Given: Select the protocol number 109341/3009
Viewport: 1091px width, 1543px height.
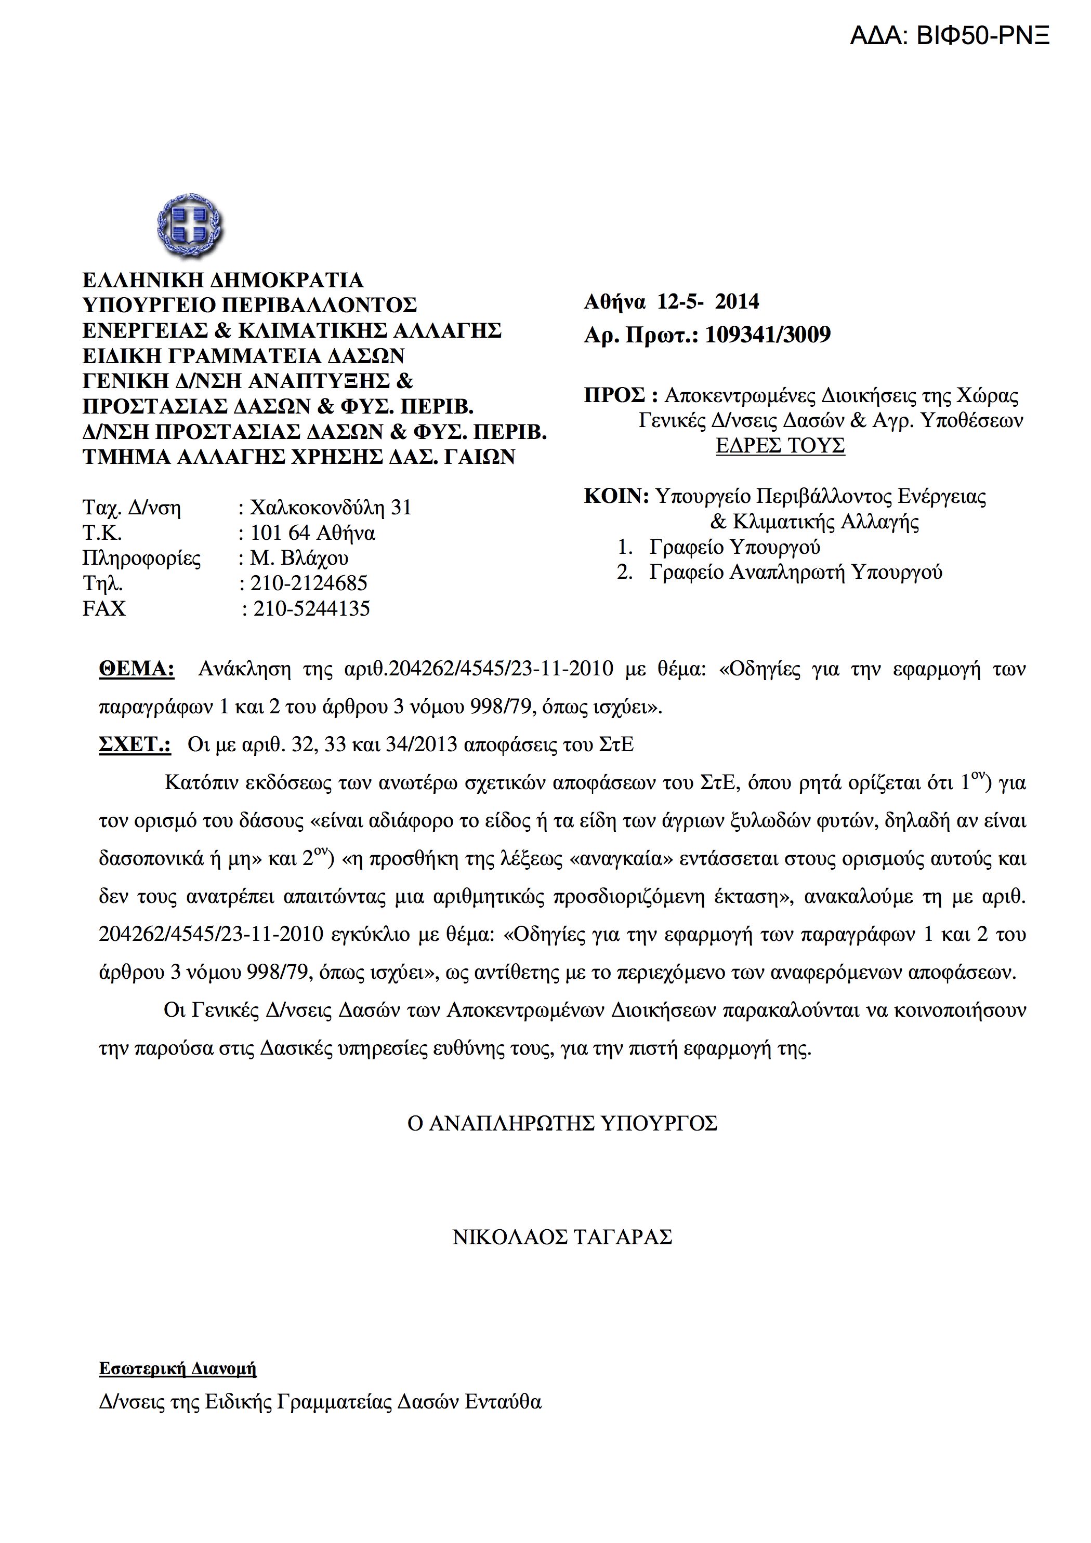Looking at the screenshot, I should pos(768,335).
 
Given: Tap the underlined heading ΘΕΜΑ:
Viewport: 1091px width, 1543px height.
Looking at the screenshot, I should pos(137,669).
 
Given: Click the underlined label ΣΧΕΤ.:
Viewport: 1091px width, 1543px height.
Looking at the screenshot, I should pos(135,744).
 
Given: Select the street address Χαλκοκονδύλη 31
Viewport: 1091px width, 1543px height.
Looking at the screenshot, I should pos(330,508).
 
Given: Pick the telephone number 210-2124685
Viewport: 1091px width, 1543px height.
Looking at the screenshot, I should pos(309,583).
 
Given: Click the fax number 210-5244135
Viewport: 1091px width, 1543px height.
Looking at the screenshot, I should pos(311,608).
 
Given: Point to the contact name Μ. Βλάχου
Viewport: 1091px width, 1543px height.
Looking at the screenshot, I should pos(299,558).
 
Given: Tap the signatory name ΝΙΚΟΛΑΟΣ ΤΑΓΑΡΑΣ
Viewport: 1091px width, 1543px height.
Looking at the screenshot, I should pos(562,1237).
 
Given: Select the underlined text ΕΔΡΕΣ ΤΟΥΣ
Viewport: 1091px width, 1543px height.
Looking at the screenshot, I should pos(780,446).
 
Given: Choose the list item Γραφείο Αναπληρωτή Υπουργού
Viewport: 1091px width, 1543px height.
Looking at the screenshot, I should pos(795,572).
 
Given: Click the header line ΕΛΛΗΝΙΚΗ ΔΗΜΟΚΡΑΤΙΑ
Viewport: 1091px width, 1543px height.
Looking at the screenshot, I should pos(222,280).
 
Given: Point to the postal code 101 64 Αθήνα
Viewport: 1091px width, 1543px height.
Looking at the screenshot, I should pos(312,533).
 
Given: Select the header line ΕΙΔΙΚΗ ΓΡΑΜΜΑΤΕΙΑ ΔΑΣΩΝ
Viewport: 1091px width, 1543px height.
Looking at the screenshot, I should pos(243,355).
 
